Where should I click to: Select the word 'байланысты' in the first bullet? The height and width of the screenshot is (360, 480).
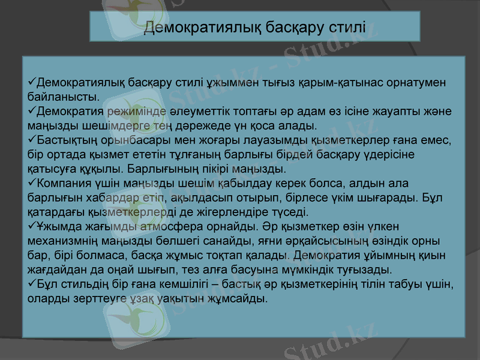point(63,97)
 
